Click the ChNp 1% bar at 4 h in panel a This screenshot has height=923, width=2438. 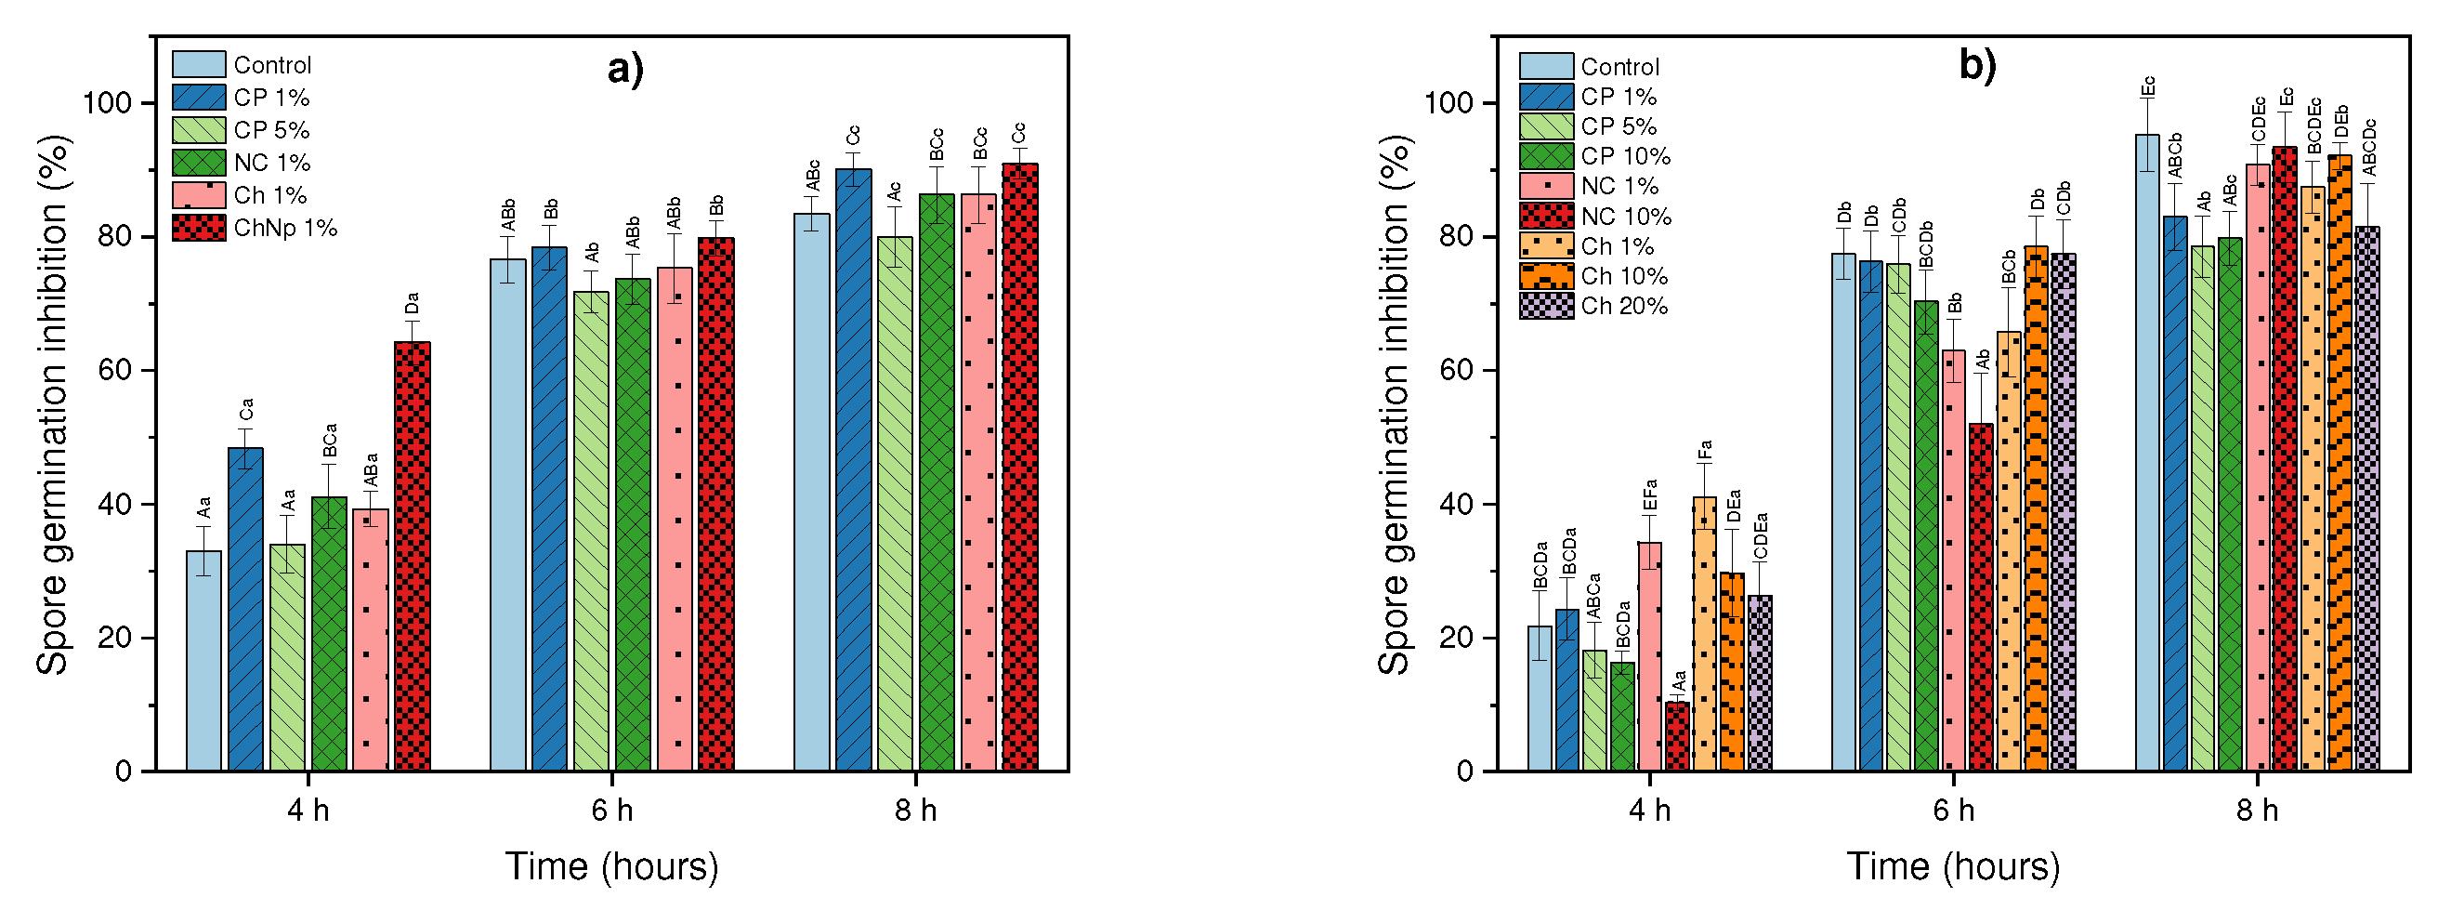[x=412, y=559]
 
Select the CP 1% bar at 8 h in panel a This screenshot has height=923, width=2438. [x=853, y=473]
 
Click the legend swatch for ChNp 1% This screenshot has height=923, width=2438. [x=199, y=228]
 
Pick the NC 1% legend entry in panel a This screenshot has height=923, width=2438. [x=271, y=163]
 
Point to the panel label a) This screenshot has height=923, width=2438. [x=625, y=69]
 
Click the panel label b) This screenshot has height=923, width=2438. [x=1977, y=65]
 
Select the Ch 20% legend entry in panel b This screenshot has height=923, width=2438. [x=1623, y=306]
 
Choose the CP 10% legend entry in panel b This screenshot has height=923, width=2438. [x=1625, y=156]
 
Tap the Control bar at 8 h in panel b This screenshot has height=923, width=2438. [x=2147, y=455]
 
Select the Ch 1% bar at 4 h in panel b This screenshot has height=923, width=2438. [x=1704, y=634]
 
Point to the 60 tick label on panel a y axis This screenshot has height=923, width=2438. [x=114, y=370]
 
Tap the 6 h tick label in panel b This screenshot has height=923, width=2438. [x=1953, y=811]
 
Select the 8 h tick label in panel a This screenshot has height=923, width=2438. [x=915, y=811]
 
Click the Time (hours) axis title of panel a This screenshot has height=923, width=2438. [x=611, y=866]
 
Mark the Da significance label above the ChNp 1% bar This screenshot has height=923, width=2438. [x=412, y=304]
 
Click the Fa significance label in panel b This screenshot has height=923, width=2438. [x=1705, y=451]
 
